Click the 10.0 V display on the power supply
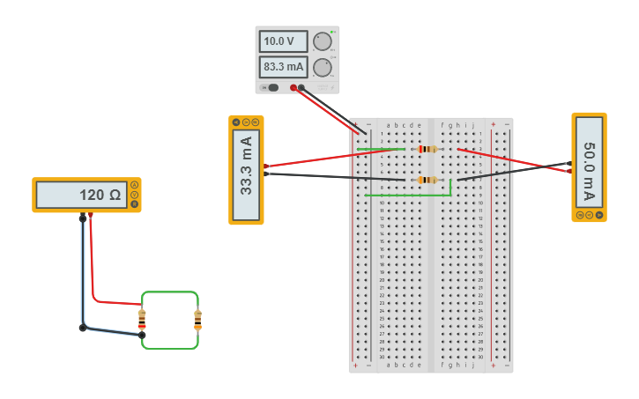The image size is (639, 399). pyautogui.click(x=283, y=41)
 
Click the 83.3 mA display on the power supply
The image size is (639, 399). pyautogui.click(x=283, y=66)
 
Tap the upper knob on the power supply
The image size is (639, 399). pyautogui.click(x=323, y=41)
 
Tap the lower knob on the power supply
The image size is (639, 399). pyautogui.click(x=323, y=67)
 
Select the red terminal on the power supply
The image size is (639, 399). pyautogui.click(x=293, y=87)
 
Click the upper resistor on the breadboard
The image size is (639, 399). pyautogui.click(x=428, y=149)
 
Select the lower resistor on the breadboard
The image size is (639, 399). pyautogui.click(x=427, y=180)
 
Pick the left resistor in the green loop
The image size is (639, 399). pyautogui.click(x=142, y=319)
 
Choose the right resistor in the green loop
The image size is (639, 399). pyautogui.click(x=197, y=320)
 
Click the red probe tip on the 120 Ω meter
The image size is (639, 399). pyautogui.click(x=90, y=214)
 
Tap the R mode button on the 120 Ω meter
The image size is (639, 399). pyautogui.click(x=134, y=204)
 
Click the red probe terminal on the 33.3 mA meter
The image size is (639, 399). pyautogui.click(x=266, y=166)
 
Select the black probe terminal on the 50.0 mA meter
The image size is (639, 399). pyautogui.click(x=568, y=163)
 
